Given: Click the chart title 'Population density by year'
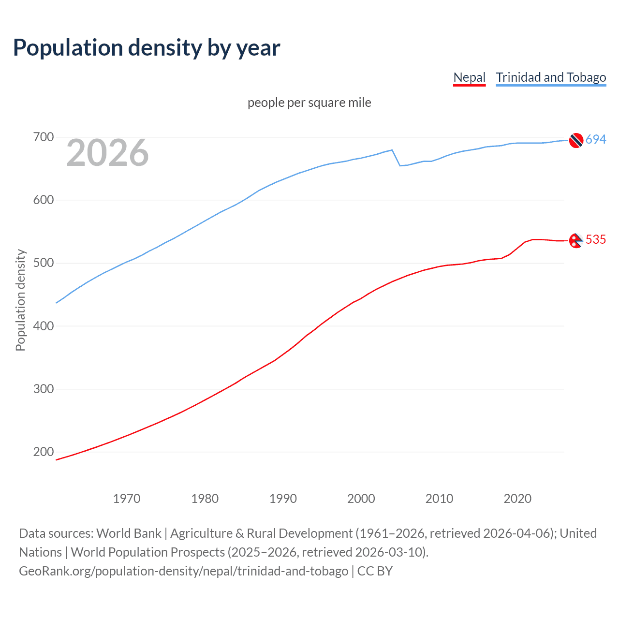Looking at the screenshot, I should pyautogui.click(x=147, y=48).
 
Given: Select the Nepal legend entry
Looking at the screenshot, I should pyautogui.click(x=469, y=77).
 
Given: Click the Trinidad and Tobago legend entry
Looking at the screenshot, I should pyautogui.click(x=551, y=77).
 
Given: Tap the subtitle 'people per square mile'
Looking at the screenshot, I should pyautogui.click(x=309, y=103).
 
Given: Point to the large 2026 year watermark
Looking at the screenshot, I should pyautogui.click(x=107, y=153).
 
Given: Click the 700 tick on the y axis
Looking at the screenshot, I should pyautogui.click(x=44, y=137).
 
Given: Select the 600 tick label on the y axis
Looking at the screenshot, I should pyautogui.click(x=44, y=200).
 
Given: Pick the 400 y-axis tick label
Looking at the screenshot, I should pyautogui.click(x=44, y=326).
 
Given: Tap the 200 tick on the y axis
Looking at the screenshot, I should pyautogui.click(x=44, y=452).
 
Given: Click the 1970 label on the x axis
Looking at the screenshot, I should pyautogui.click(x=127, y=499).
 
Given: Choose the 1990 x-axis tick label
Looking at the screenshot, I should pyautogui.click(x=283, y=499).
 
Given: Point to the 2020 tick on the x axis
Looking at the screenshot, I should pyautogui.click(x=517, y=499).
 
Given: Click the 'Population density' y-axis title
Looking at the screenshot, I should pyautogui.click(x=20, y=300).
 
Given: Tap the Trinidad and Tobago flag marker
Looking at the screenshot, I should pyautogui.click(x=575, y=140).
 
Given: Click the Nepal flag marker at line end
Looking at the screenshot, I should pyautogui.click(x=575, y=240).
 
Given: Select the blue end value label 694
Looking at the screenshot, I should pyautogui.click(x=596, y=140).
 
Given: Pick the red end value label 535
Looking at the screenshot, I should pyautogui.click(x=596, y=240).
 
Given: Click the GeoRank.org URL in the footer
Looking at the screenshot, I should pyautogui.click(x=183, y=571).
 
